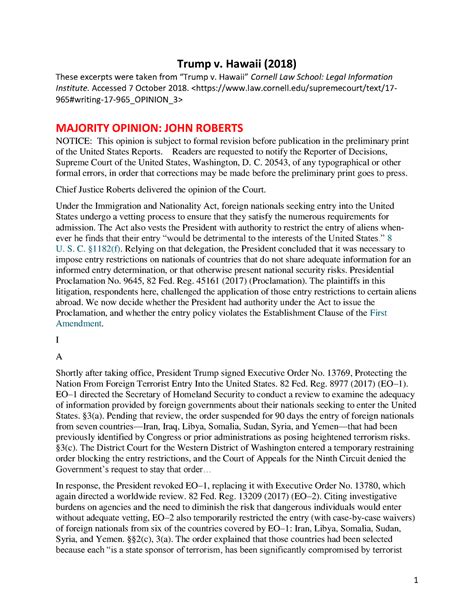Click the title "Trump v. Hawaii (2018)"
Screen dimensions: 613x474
pos(237,58)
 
